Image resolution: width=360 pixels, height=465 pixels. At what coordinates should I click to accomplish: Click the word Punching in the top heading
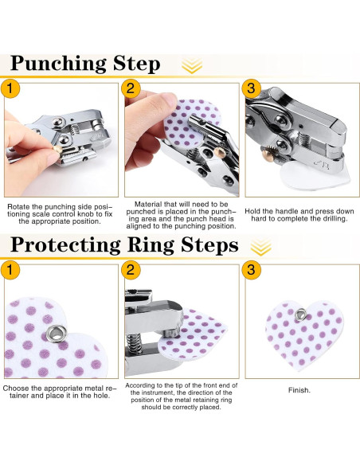pos(58,64)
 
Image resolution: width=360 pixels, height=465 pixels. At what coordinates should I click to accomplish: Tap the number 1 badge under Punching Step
pos(10,88)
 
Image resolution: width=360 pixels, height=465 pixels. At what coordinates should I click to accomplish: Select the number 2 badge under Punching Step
pos(131,88)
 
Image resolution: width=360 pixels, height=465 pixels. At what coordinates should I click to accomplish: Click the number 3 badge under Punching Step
pos(251,88)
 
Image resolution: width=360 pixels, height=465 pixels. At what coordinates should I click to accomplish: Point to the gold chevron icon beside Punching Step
pos(192,65)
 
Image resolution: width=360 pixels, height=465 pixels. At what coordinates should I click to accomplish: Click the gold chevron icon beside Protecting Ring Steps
pos(261,247)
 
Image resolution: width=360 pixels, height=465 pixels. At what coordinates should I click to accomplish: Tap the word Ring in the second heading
pos(150,245)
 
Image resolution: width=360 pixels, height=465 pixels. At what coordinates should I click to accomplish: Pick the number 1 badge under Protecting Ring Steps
pos(10,270)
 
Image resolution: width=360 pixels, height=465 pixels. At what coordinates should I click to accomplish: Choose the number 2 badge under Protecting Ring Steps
pos(131,270)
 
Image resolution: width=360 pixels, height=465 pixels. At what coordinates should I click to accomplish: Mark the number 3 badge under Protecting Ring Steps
pos(251,270)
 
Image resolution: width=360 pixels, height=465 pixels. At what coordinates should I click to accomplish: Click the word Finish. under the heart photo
pos(299,390)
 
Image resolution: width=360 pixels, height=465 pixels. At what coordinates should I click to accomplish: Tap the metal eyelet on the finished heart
pos(301,314)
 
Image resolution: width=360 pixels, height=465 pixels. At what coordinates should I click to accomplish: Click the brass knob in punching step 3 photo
pos(266,154)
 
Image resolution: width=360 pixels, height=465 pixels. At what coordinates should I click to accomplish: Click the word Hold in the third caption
pos(252,212)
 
